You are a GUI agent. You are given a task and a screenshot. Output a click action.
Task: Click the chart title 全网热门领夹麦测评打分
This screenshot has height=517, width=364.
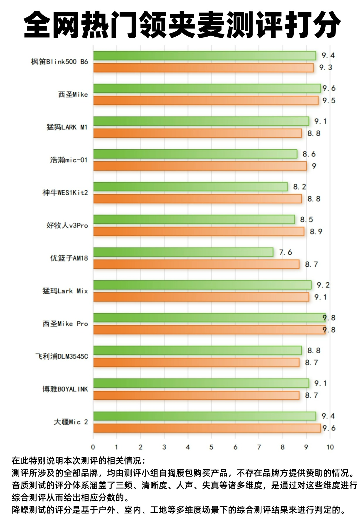[182, 25]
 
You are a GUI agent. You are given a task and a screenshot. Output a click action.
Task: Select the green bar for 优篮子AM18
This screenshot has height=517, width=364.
[183, 252]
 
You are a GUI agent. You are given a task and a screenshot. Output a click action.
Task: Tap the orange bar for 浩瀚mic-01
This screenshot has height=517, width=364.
[200, 166]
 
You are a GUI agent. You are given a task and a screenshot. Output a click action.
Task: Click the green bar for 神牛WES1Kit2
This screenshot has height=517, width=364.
[190, 186]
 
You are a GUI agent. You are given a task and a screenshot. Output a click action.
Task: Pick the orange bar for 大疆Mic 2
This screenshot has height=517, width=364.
[207, 428]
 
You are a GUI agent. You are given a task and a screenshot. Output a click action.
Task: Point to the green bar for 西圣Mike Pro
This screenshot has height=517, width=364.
[209, 318]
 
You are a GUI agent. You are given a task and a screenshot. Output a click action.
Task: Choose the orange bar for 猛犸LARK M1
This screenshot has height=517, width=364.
[198, 133]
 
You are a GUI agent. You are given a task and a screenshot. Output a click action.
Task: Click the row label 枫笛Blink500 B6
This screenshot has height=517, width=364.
[59, 62]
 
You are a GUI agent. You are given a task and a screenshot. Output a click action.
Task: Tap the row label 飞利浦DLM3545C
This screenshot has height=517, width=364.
[62, 357]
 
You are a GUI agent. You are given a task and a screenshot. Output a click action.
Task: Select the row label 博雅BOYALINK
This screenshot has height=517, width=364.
[65, 389]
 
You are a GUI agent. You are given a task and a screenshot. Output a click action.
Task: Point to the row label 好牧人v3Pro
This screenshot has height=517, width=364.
[67, 225]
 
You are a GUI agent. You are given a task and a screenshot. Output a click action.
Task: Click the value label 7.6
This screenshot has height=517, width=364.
[285, 252]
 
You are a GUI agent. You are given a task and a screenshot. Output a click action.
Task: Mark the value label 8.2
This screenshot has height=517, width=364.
[300, 187]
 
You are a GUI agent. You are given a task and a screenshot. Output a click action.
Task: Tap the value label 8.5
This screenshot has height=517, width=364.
[307, 220]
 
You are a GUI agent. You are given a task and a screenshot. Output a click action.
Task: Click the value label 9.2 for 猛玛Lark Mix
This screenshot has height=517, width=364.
[323, 285]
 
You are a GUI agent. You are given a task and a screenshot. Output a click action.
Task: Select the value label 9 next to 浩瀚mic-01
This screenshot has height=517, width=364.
[314, 166]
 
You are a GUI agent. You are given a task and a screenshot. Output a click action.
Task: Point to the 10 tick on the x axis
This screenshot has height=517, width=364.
[330, 447]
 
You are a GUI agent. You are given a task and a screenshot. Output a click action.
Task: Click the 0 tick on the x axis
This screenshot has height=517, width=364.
[93, 447]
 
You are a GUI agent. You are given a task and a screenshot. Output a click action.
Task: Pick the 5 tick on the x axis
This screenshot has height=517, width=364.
[211, 447]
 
